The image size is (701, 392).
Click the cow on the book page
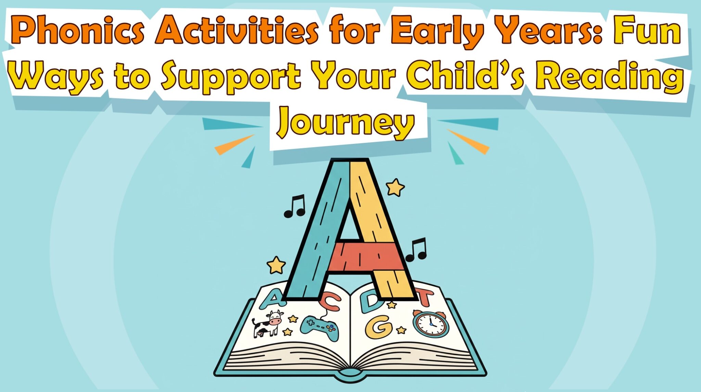(267, 323)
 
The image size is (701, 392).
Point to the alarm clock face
(431, 324)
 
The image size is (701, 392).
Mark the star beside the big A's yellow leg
(395, 187)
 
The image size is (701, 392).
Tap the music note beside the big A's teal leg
(294, 206)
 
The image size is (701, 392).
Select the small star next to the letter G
(401, 330)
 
